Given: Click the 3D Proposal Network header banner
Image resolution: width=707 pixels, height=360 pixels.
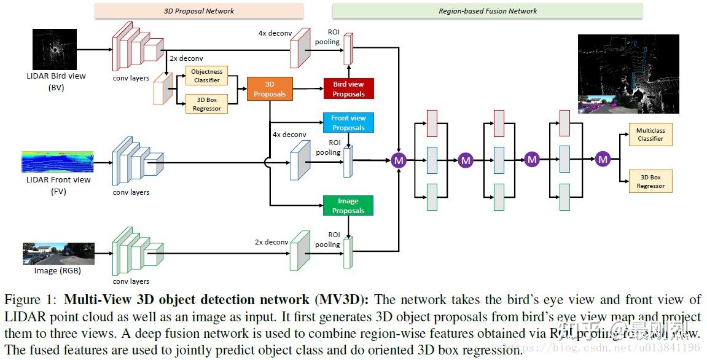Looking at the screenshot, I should tap(198, 11).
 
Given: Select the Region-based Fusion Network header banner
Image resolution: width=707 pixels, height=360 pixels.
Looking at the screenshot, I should tap(487, 11).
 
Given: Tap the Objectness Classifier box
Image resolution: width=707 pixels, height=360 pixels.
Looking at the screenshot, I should tap(206, 76).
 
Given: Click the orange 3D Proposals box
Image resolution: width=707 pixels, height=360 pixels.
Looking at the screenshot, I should tap(270, 89).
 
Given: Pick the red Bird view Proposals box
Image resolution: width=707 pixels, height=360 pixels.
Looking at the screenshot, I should tap(348, 89).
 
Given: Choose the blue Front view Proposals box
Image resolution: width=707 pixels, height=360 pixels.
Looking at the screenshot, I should tap(348, 123).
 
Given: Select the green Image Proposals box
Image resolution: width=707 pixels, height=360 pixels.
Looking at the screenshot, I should tap(348, 206).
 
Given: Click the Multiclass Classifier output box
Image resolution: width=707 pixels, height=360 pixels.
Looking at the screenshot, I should tap(650, 135).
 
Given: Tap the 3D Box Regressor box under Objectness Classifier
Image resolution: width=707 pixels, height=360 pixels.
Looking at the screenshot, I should tap(206, 104).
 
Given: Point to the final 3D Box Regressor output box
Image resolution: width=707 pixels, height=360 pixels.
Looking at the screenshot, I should tap(650, 182).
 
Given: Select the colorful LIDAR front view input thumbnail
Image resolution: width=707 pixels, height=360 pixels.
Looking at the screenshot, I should tap(57, 162).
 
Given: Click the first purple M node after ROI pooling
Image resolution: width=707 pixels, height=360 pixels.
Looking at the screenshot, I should tap(399, 160).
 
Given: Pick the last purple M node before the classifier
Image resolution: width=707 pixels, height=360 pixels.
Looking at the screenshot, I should tap(603, 159).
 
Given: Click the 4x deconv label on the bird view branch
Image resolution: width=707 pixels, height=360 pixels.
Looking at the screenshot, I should tap(275, 33).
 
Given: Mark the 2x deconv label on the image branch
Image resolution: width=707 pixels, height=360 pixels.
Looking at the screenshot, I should tap(271, 242).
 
